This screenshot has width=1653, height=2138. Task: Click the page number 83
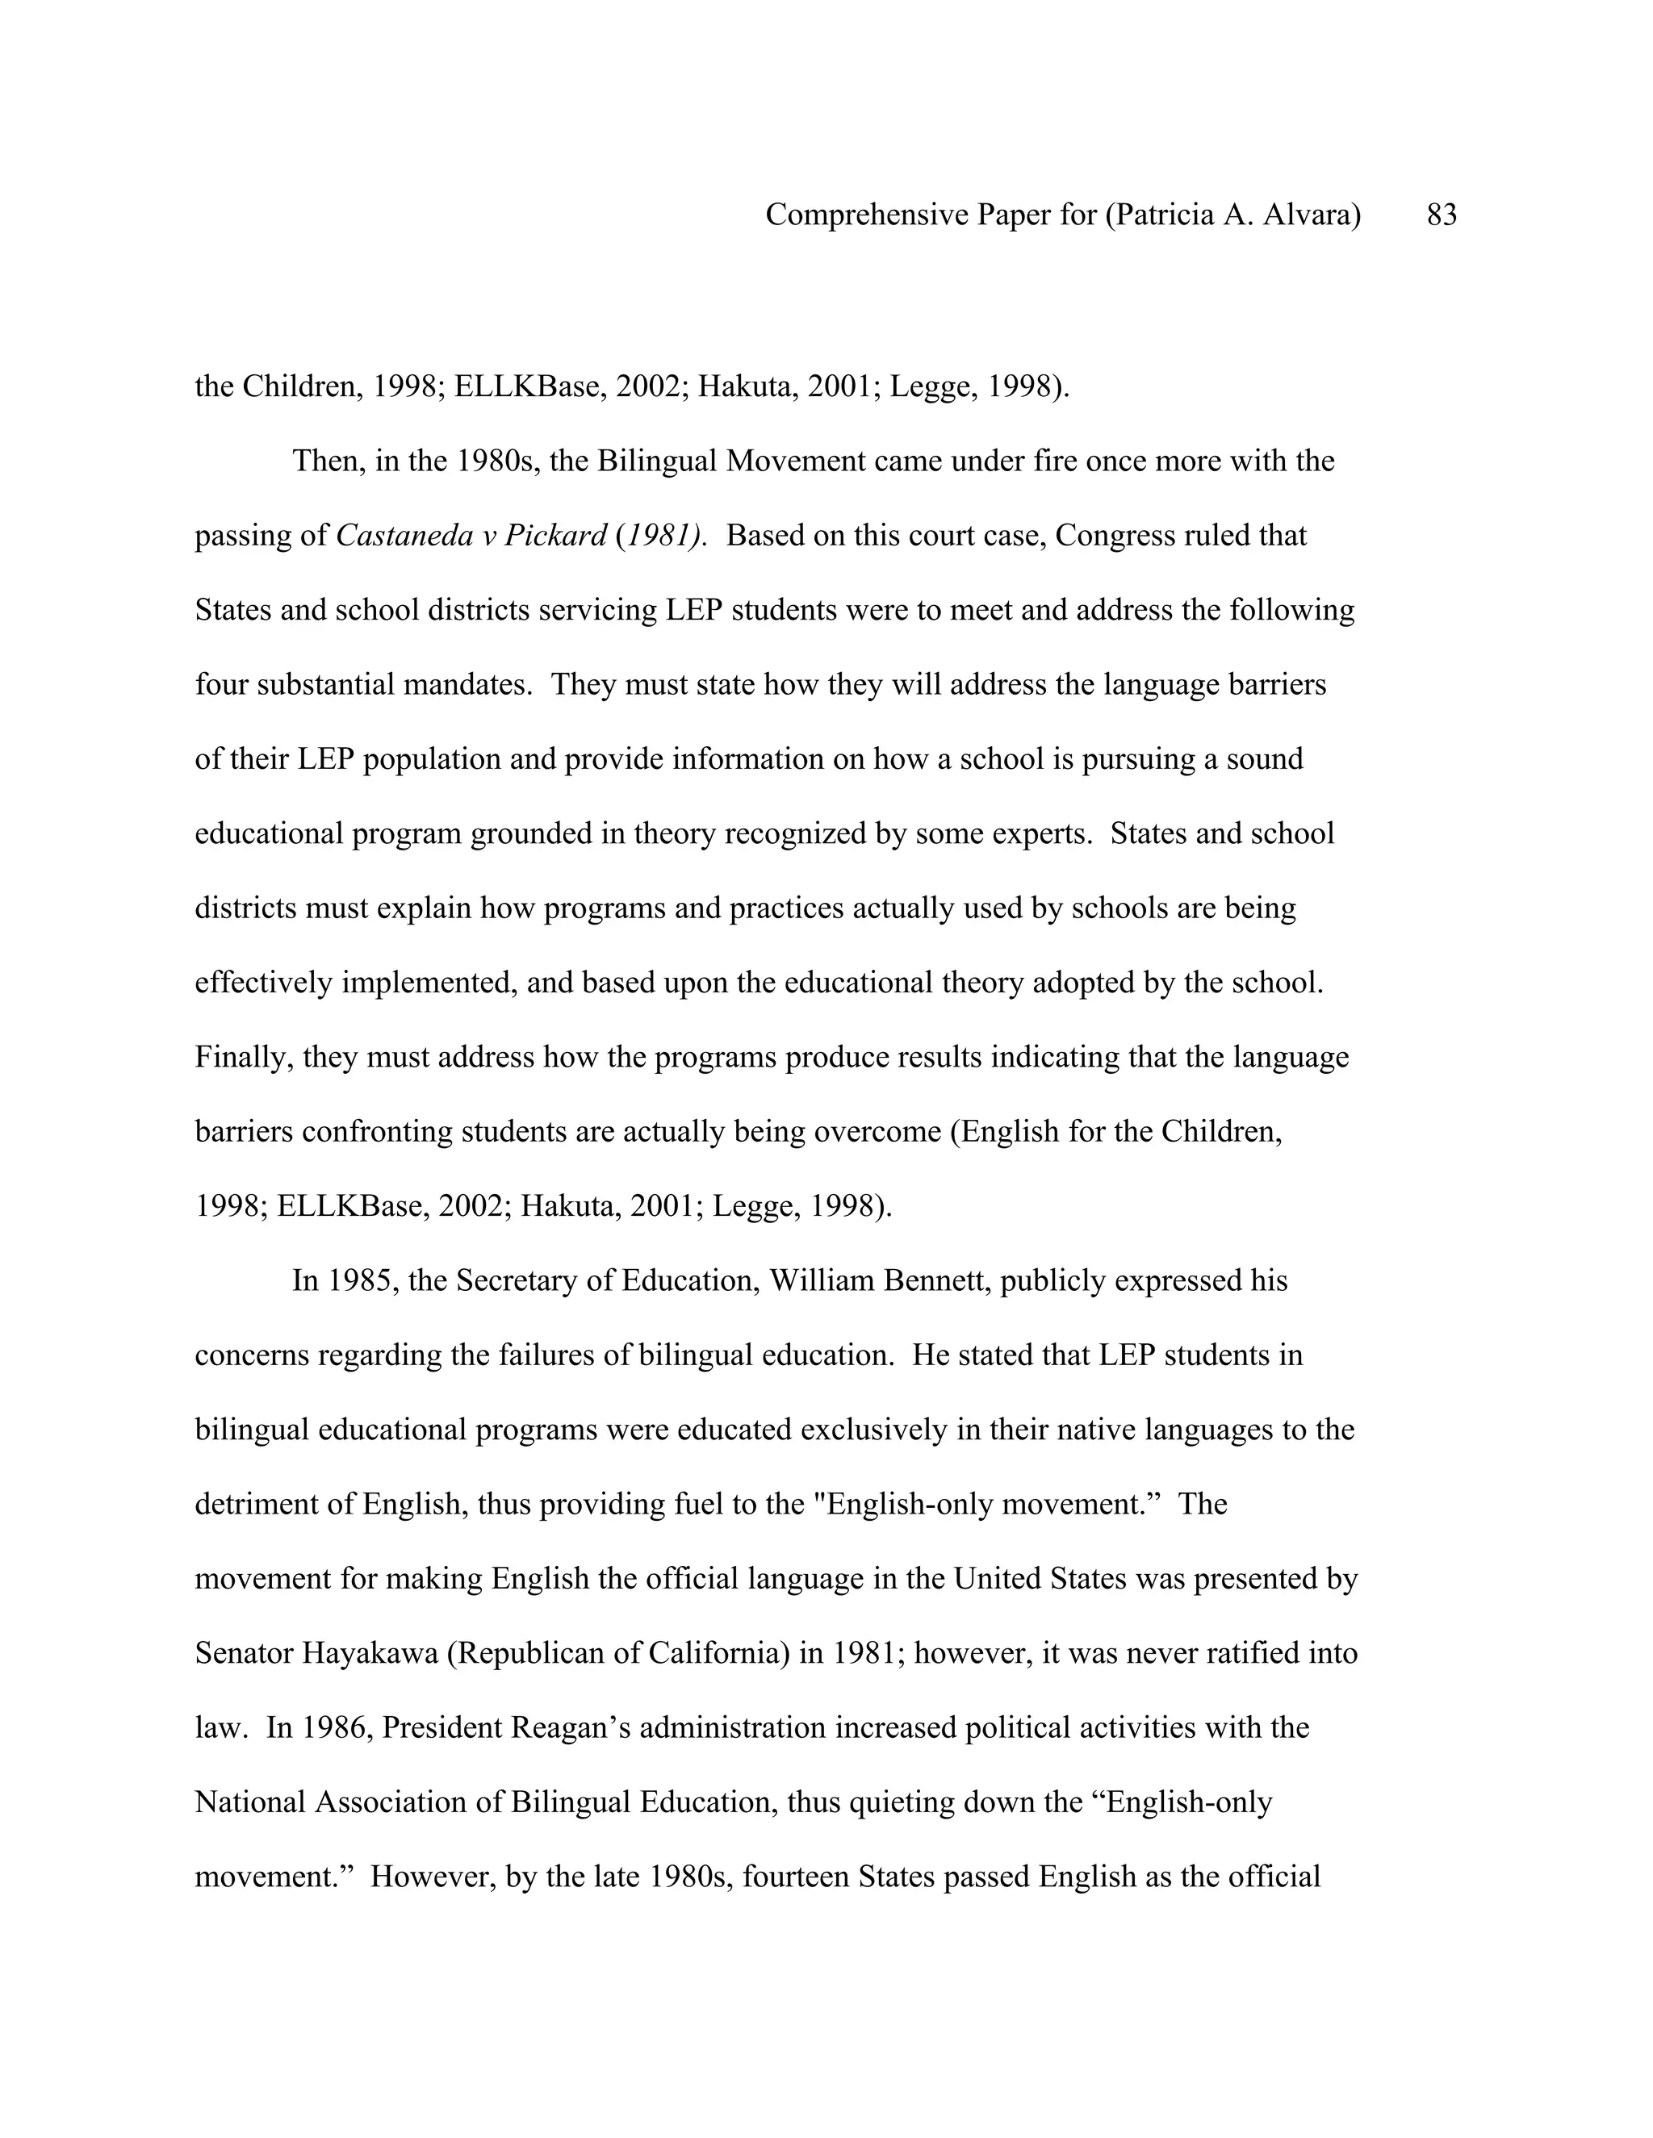[x=1442, y=215]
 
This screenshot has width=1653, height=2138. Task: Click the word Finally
[x=244, y=1057]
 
